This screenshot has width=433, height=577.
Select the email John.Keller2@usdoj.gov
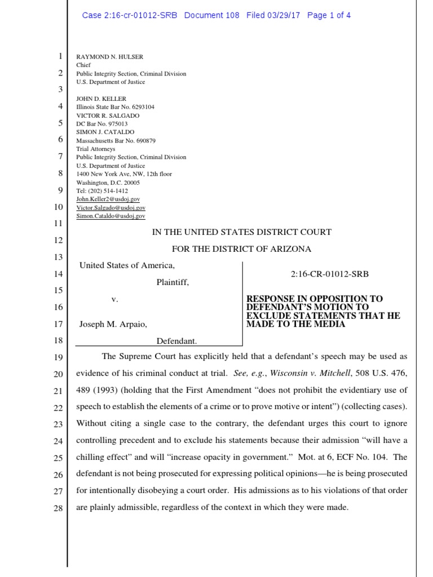(x=108, y=199)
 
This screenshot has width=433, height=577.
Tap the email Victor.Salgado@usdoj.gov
(x=111, y=208)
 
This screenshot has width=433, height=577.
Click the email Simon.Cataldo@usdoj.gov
(x=111, y=216)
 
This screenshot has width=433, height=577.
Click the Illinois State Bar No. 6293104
(x=115, y=107)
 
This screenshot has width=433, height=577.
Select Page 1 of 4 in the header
(x=329, y=15)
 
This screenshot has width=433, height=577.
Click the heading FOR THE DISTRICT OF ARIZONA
(x=241, y=249)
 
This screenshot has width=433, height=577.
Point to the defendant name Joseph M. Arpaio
(x=113, y=325)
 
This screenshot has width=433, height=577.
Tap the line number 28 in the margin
(x=59, y=508)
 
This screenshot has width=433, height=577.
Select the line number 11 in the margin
(x=59, y=224)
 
